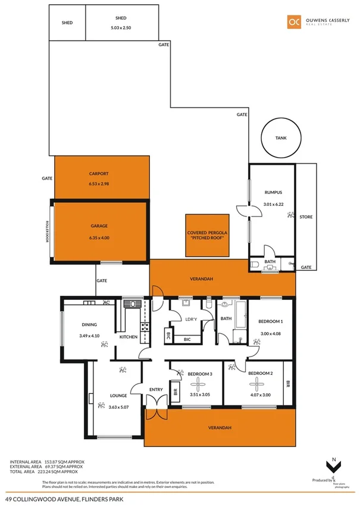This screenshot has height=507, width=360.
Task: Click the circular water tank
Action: click(281, 138)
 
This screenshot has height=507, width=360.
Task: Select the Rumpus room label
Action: click(272, 192)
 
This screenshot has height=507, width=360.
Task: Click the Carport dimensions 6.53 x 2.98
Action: click(99, 184)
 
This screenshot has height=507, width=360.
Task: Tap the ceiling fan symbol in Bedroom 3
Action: click(200, 384)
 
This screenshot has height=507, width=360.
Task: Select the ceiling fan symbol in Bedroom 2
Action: click(259, 384)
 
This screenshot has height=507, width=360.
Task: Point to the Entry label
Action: click(156, 390)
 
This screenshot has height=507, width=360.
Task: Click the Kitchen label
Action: click(129, 337)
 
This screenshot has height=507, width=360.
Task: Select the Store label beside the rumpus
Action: click(306, 217)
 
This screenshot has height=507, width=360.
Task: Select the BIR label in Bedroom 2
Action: click(288, 383)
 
